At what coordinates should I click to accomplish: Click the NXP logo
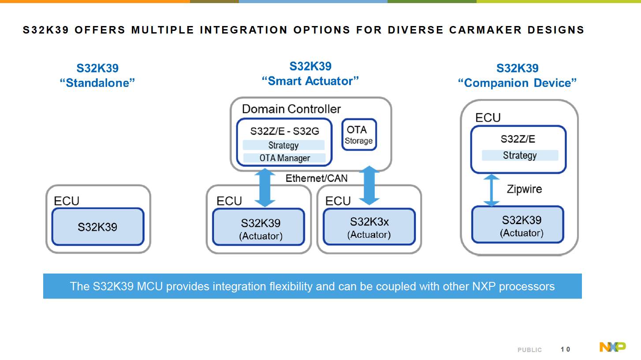pos(612,347)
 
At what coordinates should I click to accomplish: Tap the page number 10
pos(565,349)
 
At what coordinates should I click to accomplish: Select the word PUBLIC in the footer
pos(529,350)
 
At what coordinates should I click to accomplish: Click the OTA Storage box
pos(359,135)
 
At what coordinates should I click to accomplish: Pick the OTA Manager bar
pos(284,158)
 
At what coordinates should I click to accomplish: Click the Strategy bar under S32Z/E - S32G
pos(283,145)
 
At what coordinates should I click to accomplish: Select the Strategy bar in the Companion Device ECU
pos(520,155)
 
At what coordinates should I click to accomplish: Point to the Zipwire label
pos(524,189)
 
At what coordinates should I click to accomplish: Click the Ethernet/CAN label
pos(316,178)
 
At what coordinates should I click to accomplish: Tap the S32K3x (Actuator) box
pos(369,227)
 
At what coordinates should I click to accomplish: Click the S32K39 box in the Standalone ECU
pos(97,227)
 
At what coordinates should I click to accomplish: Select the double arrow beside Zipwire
pos(492,190)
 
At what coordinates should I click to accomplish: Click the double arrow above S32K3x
pos(369,185)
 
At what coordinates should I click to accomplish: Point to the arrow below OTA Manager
pos(265,188)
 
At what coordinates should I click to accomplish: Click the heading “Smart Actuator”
pos(310,81)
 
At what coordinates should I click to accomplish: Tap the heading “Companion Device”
pos(517,83)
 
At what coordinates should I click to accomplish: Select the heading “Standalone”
pos(97,83)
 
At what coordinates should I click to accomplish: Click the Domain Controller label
pos(291,109)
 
